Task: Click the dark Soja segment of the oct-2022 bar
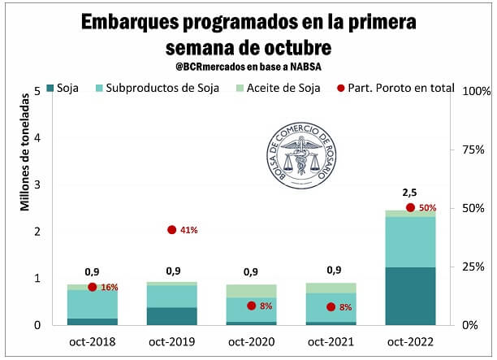pyautogui.click(x=410, y=296)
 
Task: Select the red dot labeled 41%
pyautogui.click(x=172, y=230)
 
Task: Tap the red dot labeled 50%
pyautogui.click(x=410, y=208)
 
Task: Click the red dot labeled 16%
pyautogui.click(x=93, y=287)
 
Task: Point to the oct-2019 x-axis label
pyautogui.click(x=172, y=341)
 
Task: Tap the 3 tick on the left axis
pyautogui.click(x=37, y=184)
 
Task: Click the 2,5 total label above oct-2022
pyautogui.click(x=410, y=193)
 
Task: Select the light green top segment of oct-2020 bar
pyautogui.click(x=251, y=291)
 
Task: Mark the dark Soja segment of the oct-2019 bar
pyautogui.click(x=172, y=316)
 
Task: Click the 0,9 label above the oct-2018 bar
pyautogui.click(x=93, y=271)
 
